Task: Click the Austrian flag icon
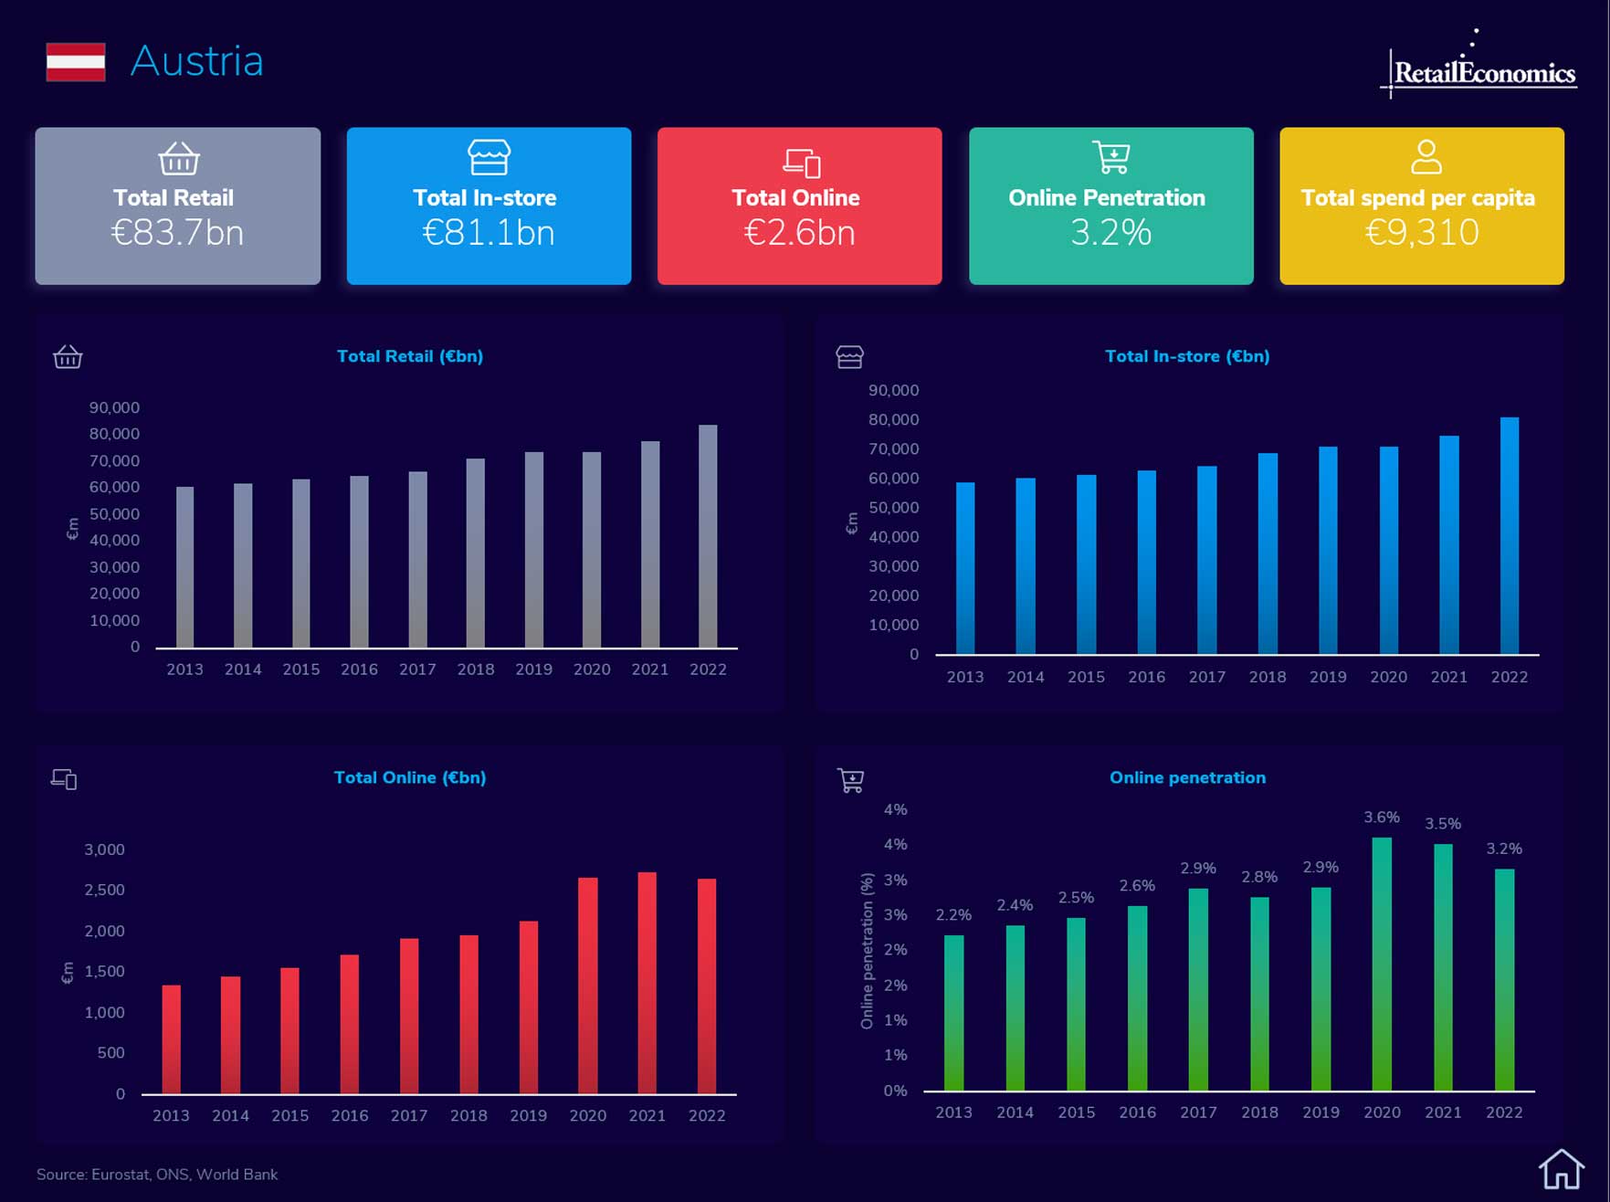click(76, 62)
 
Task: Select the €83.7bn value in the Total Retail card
click(177, 233)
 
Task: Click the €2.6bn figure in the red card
click(799, 233)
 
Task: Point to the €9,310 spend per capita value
click(1421, 232)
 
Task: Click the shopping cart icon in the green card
click(1110, 157)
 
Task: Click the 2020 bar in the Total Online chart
click(588, 986)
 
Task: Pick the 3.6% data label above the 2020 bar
click(1382, 817)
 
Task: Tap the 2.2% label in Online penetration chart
click(953, 914)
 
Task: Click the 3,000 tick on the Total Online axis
click(104, 849)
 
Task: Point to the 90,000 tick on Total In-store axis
click(893, 390)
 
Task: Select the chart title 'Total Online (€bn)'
click(410, 777)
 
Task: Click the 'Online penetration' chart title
click(1187, 777)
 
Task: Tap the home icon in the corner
click(1561, 1169)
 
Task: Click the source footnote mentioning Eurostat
click(157, 1175)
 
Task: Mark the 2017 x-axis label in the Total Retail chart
click(417, 670)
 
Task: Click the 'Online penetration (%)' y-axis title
click(867, 951)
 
